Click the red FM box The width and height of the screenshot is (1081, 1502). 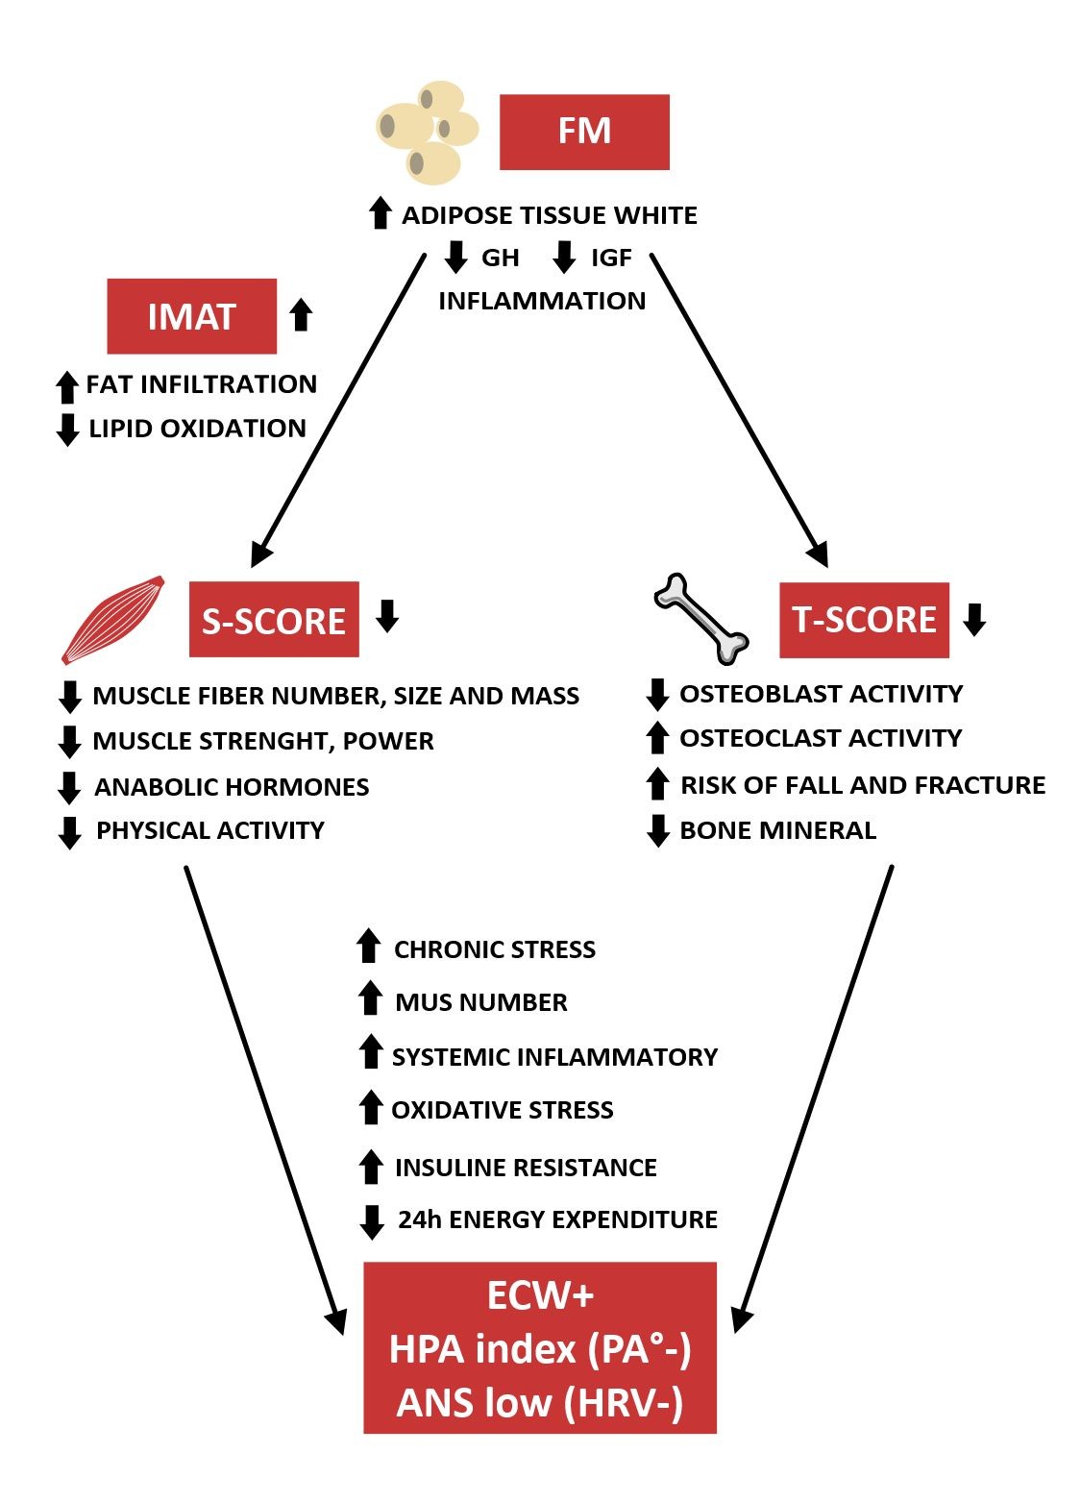tap(584, 132)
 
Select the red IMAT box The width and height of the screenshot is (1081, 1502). tap(191, 316)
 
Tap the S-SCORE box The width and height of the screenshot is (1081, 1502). tap(274, 620)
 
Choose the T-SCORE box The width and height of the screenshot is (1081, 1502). tap(864, 620)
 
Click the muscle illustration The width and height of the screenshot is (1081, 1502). tap(111, 621)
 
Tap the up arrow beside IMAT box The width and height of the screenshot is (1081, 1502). tap(301, 314)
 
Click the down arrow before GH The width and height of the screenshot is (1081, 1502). tap(455, 258)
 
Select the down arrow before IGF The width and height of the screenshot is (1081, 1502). tap(564, 258)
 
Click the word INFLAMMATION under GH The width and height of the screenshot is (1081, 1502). tap(542, 301)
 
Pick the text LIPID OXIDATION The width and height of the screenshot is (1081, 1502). tap(197, 429)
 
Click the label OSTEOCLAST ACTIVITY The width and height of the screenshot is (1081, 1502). tap(821, 738)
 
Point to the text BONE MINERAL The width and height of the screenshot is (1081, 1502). tap(777, 830)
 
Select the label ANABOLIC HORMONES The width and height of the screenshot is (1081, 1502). tap(232, 787)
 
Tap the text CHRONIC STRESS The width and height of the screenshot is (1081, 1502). tap(495, 949)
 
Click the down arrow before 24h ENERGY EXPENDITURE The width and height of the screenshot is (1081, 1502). tap(371, 1221)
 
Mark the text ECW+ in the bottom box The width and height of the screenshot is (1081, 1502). tap(540, 1295)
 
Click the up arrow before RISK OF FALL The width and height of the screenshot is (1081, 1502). tap(657, 784)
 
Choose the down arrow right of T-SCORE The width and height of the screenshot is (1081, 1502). tap(974, 619)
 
